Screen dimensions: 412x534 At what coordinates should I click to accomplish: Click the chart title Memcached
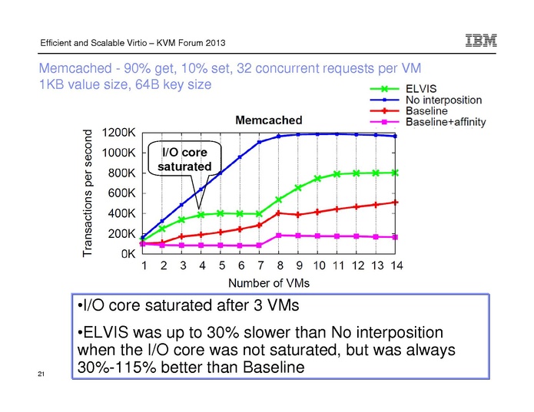[269, 120]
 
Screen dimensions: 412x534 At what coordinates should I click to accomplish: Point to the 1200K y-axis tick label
[119, 132]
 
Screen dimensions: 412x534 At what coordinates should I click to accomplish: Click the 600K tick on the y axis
[122, 193]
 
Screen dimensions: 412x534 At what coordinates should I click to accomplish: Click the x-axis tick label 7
[260, 265]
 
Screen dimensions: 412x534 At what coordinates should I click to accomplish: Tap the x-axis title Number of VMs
[270, 282]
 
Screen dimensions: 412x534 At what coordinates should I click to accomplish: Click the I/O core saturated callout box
[184, 159]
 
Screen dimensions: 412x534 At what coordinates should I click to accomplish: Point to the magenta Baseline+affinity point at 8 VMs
[279, 236]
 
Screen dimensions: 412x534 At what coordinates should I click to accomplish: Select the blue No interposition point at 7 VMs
[260, 142]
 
